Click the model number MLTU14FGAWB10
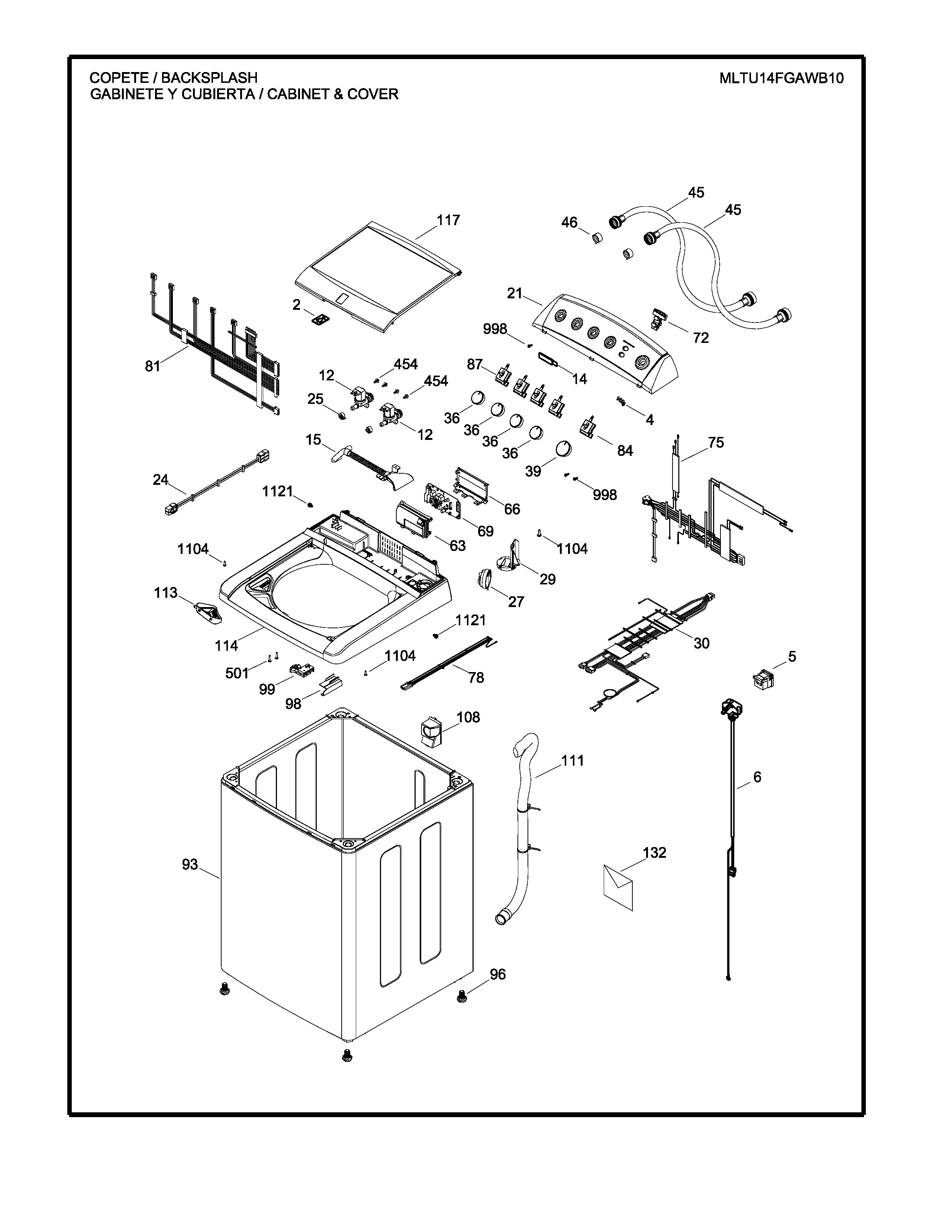781,78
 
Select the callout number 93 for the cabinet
190,865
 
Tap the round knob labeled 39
563,449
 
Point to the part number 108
468,717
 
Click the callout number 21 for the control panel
515,293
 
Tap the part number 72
701,338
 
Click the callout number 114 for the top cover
226,646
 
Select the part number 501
237,673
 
